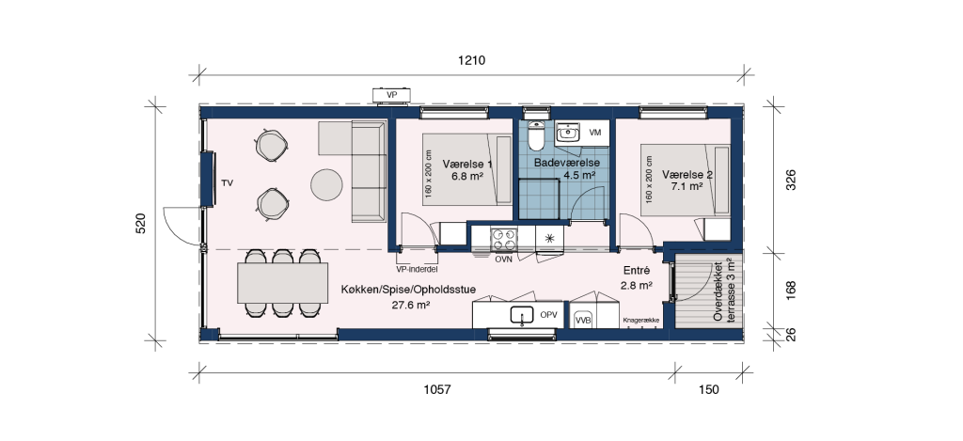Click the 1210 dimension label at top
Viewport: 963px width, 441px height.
click(472, 60)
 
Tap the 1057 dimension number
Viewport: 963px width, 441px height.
click(437, 389)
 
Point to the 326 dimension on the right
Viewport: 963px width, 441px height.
click(791, 180)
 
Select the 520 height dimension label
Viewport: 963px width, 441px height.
click(141, 224)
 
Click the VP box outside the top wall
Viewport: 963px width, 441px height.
click(391, 95)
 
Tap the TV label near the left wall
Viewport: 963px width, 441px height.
click(228, 183)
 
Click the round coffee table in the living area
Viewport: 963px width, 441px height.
click(326, 184)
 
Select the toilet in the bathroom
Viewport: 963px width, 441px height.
click(536, 135)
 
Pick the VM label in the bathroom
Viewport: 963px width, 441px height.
click(595, 132)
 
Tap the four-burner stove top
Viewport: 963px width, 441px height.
click(504, 238)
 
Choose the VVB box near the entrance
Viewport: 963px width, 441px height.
click(581, 320)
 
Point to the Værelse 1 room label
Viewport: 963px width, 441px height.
click(466, 164)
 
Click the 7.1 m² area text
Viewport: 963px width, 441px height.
click(687, 186)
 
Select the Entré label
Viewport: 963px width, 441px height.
click(637, 271)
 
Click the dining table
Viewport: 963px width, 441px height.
click(283, 282)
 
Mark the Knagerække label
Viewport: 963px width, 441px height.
click(640, 321)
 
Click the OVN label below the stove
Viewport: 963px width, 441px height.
click(504, 260)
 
